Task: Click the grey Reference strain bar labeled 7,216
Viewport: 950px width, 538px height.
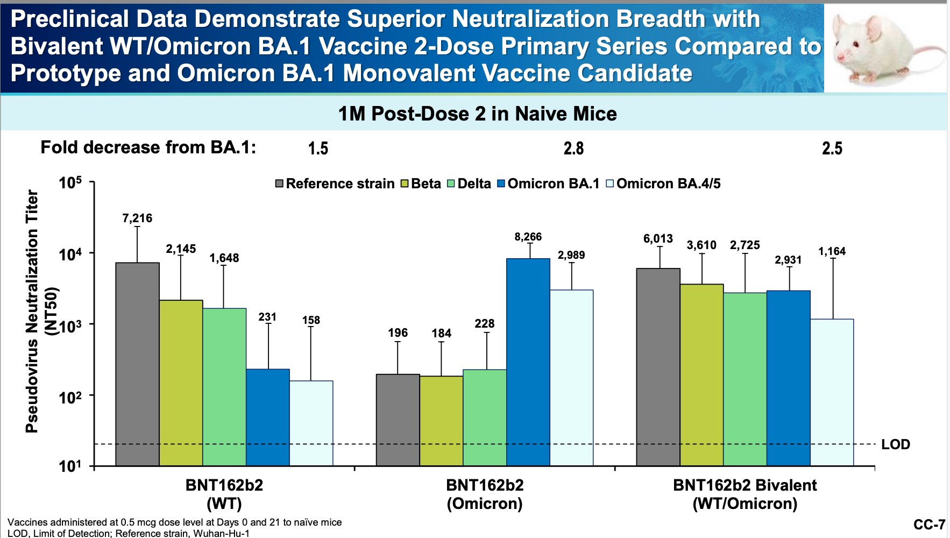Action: (x=138, y=364)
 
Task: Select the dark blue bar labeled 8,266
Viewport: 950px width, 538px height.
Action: (x=528, y=362)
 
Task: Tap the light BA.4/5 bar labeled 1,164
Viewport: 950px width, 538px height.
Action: (x=832, y=393)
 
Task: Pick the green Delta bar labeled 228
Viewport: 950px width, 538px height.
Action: (x=485, y=417)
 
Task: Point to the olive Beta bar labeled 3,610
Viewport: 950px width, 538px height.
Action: (x=702, y=375)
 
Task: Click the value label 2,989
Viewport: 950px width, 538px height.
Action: (x=571, y=255)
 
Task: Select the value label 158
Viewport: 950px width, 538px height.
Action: (x=311, y=320)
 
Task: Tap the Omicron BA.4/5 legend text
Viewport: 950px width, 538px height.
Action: (x=669, y=184)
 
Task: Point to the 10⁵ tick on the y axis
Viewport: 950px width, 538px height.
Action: (x=93, y=182)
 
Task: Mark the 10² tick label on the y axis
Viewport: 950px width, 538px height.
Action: (x=70, y=397)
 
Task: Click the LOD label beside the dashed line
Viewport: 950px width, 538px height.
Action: (x=896, y=444)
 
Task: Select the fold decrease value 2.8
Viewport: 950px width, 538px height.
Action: (x=573, y=148)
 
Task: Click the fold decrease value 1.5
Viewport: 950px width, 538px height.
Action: (x=318, y=148)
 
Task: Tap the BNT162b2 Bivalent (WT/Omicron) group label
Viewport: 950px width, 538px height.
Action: (x=745, y=494)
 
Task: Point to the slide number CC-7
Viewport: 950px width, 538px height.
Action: (x=929, y=525)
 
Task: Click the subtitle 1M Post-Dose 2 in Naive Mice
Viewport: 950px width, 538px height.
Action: (x=478, y=114)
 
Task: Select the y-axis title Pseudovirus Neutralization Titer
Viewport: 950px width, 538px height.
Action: (x=32, y=311)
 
